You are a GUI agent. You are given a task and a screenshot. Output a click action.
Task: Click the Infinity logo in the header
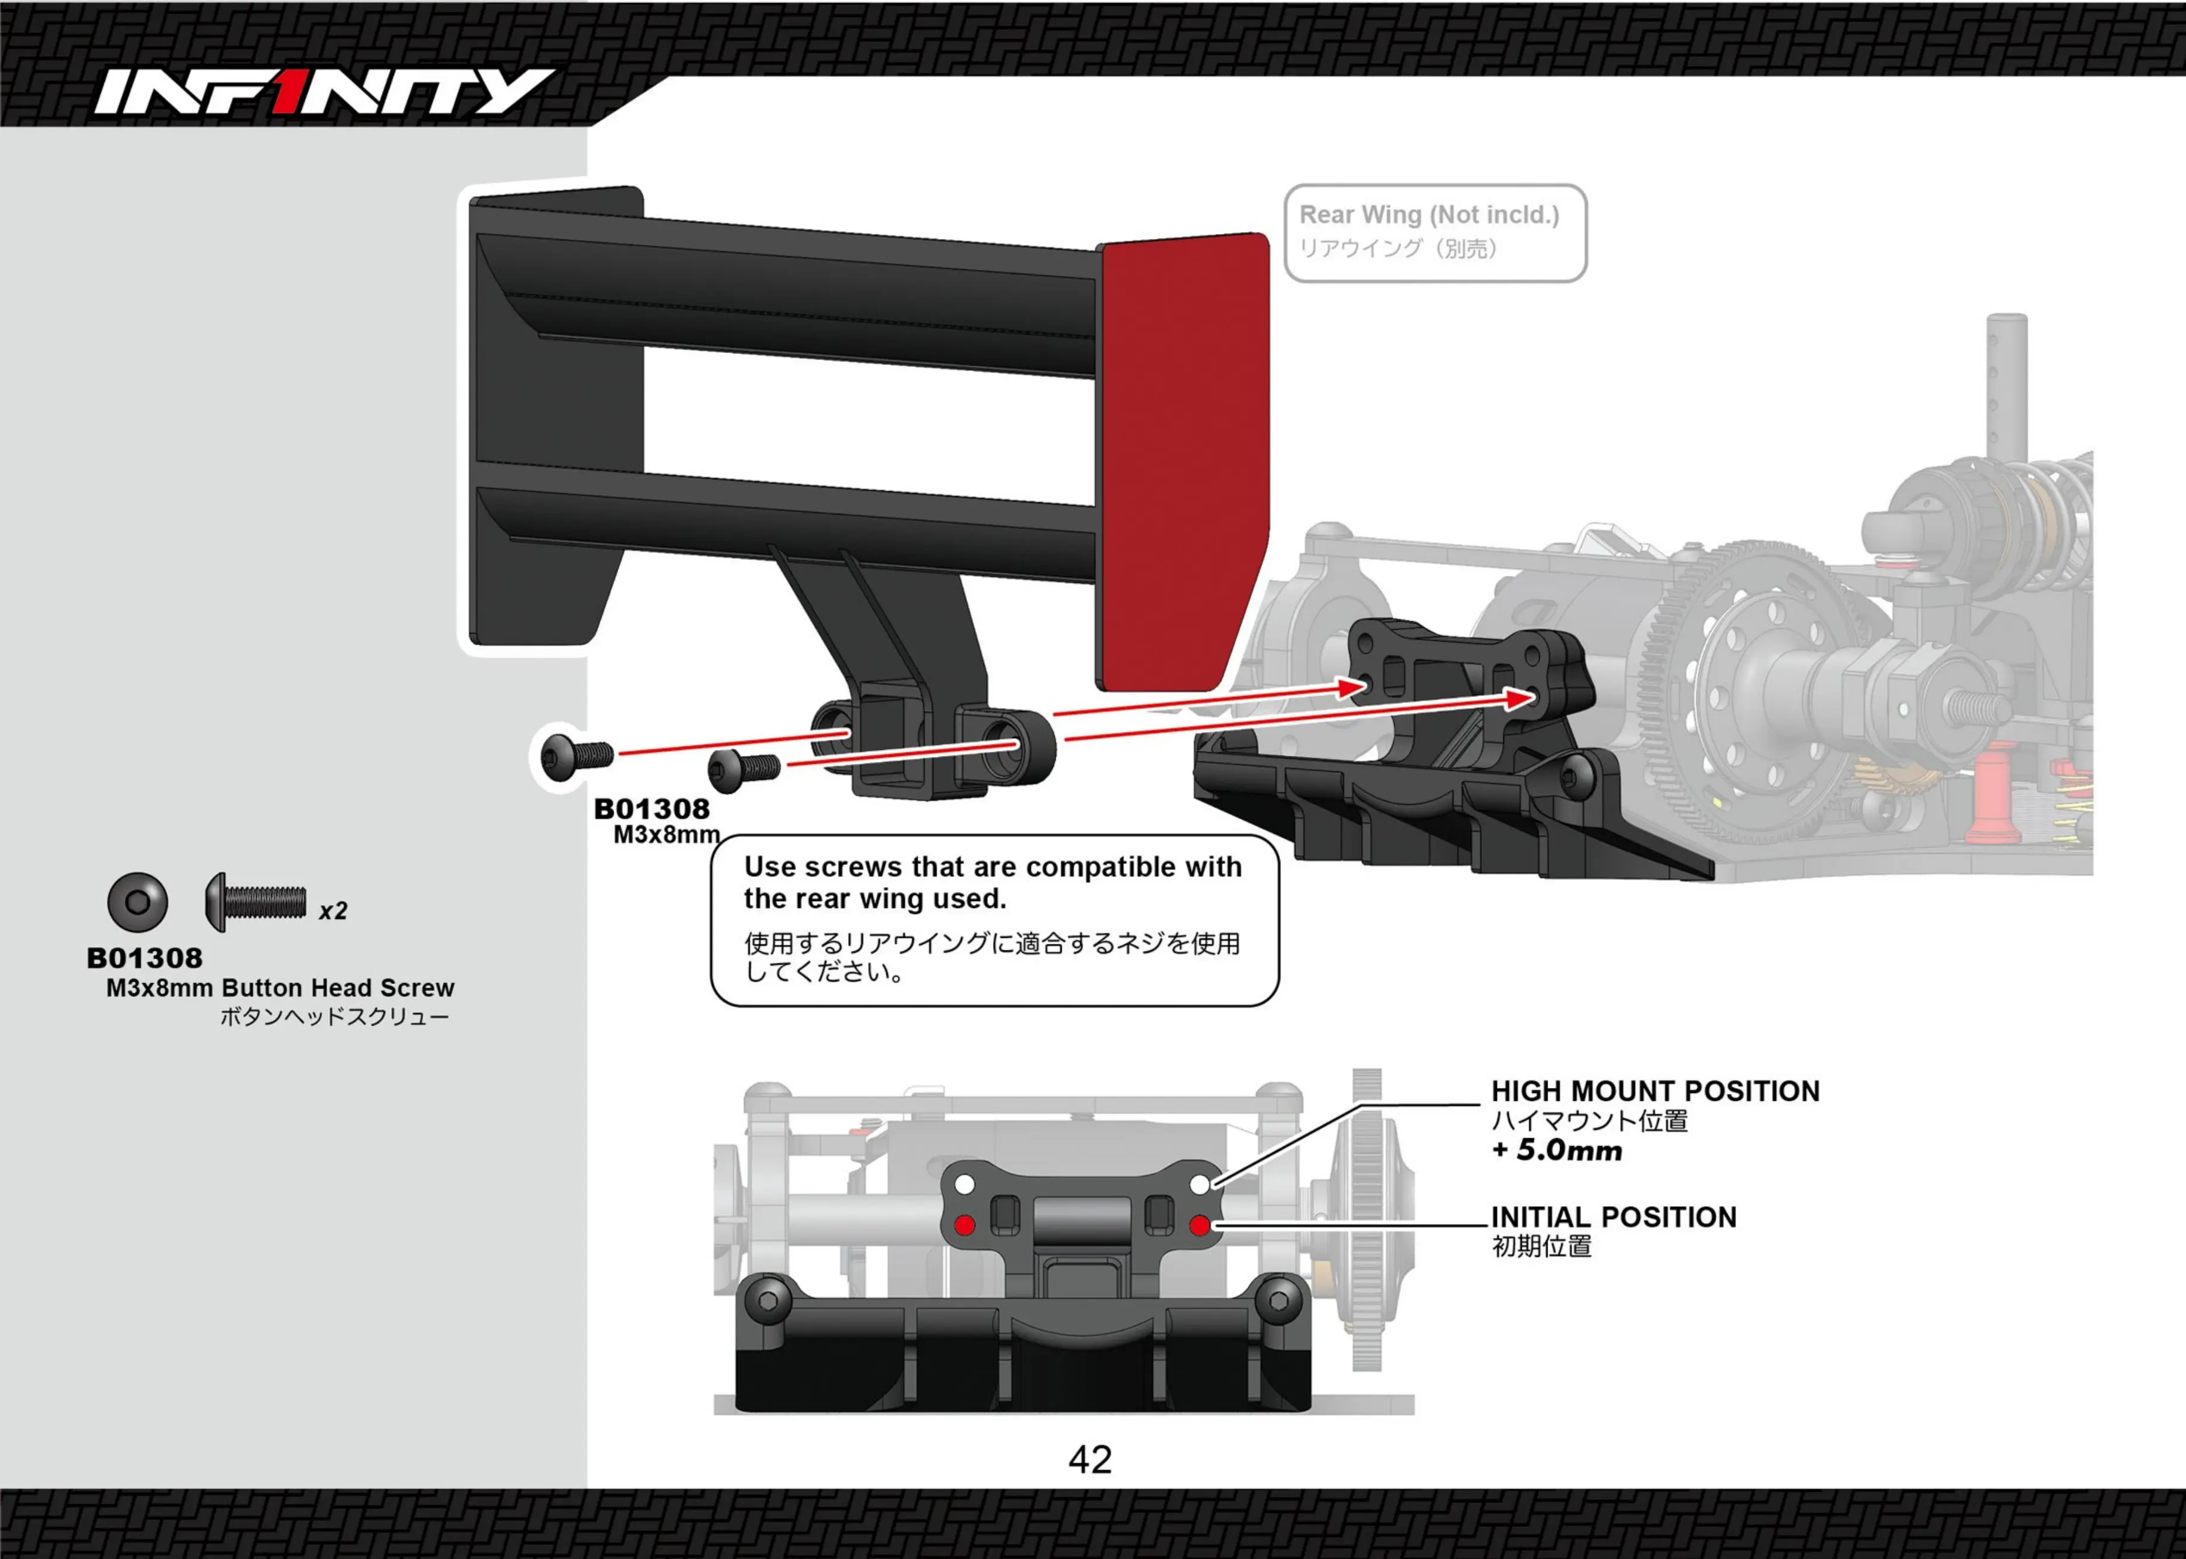(x=323, y=92)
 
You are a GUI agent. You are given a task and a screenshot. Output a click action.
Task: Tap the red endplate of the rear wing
(x=1182, y=461)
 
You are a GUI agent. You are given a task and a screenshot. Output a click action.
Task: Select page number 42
(x=1090, y=1459)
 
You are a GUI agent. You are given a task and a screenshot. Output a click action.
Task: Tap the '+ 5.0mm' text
(x=1556, y=1150)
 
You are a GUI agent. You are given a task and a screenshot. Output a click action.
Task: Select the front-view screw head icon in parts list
(x=137, y=901)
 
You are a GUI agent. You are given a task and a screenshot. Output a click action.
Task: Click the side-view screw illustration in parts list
(x=255, y=901)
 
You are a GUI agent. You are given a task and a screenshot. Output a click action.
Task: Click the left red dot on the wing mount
(x=965, y=1225)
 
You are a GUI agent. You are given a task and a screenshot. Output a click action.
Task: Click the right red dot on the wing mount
(x=1199, y=1225)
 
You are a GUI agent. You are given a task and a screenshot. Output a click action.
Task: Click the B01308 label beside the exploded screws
(x=652, y=809)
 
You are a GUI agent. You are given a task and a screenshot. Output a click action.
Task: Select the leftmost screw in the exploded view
(x=576, y=757)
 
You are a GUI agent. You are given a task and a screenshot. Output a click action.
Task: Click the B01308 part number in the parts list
(x=145, y=958)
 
